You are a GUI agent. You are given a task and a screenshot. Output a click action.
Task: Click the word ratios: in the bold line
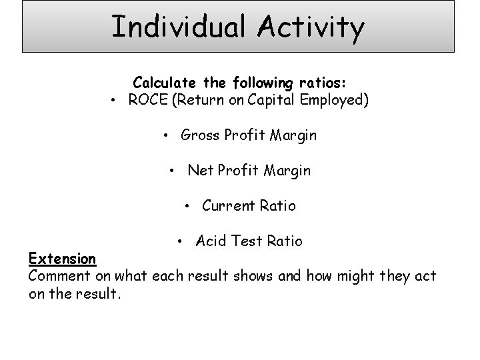tap(321, 83)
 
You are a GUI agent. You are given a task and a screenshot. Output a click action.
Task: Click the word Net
tap(199, 171)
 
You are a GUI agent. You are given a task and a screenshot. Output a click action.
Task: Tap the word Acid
tap(211, 241)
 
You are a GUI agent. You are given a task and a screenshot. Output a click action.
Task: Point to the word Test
tap(245, 241)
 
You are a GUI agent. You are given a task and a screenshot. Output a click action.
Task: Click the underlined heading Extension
tap(63, 258)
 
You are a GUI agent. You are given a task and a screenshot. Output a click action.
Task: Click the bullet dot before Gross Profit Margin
tap(167, 135)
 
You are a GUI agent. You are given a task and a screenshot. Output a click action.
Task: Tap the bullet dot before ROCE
tap(115, 101)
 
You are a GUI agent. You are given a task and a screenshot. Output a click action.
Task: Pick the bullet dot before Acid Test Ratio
tap(181, 241)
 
